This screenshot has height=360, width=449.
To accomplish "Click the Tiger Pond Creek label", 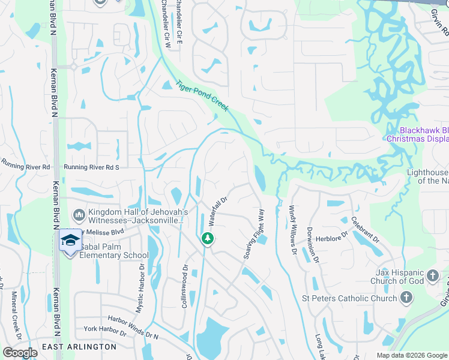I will coord(202,95).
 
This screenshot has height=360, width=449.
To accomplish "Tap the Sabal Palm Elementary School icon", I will coord(70,241).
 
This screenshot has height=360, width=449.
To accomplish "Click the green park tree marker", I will coord(208,239).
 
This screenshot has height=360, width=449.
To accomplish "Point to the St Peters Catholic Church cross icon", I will coord(406,298).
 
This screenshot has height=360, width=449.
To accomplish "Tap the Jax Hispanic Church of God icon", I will coord(433,277).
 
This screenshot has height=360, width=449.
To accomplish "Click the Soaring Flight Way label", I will coord(254,234).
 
